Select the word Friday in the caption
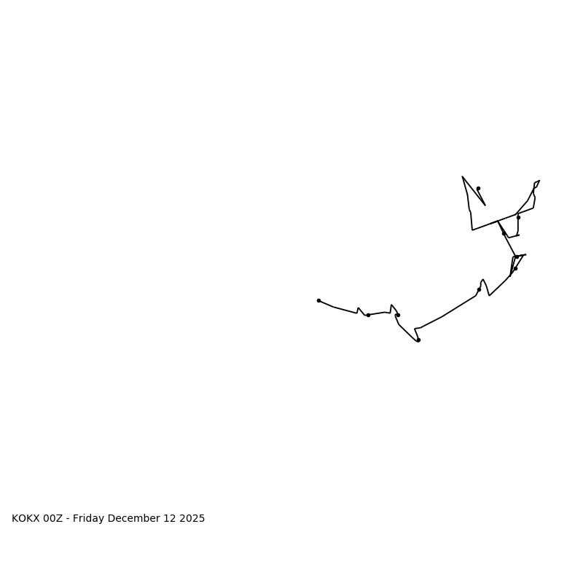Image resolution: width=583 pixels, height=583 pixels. pyautogui.click(x=89, y=519)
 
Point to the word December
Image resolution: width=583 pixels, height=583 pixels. pyautogui.click(x=135, y=519)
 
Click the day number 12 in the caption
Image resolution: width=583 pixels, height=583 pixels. pyautogui.click(x=171, y=519)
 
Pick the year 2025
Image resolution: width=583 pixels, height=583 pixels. pyautogui.click(x=192, y=519)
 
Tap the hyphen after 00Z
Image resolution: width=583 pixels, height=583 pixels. pyautogui.click(x=68, y=519)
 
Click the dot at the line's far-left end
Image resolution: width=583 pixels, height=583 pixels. pyautogui.click(x=318, y=300)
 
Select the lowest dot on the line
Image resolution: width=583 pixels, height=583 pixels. pyautogui.click(x=418, y=340)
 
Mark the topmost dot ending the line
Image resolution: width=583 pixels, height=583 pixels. pyautogui.click(x=478, y=188)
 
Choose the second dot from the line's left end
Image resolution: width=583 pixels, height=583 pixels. pyautogui.click(x=368, y=315)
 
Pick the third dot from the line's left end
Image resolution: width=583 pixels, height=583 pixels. pyautogui.click(x=398, y=315)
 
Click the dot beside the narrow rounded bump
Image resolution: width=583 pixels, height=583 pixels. pyautogui.click(x=479, y=289)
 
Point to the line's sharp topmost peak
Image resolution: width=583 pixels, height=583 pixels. pyautogui.click(x=462, y=176)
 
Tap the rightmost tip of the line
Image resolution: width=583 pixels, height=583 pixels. pyautogui.click(x=539, y=181)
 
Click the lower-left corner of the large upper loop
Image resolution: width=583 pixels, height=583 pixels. pyautogui.click(x=472, y=230)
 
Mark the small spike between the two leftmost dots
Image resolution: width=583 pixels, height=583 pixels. pyautogui.click(x=358, y=308)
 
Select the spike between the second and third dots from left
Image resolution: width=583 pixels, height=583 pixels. pyautogui.click(x=391, y=305)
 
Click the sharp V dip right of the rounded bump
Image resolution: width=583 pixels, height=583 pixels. pyautogui.click(x=489, y=295)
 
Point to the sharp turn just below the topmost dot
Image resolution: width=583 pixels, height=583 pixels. pyautogui.click(x=485, y=205)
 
